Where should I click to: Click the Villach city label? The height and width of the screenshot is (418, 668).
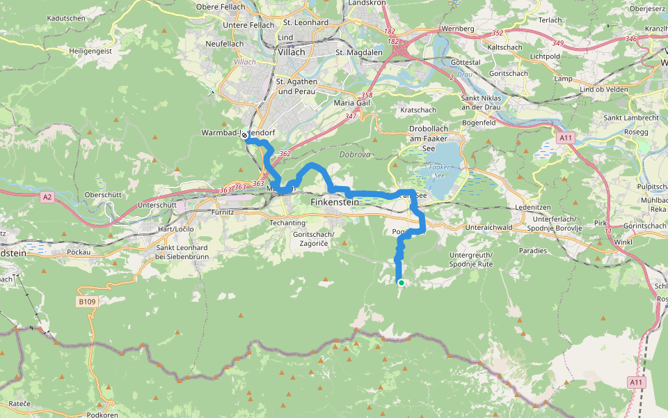tap(291, 52)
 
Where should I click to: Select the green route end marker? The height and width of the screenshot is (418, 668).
tap(401, 282)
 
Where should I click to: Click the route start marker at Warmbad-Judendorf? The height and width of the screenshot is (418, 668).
tap(245, 137)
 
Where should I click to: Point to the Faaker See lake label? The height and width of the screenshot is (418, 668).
tap(439, 171)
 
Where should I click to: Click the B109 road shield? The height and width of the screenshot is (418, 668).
tap(86, 302)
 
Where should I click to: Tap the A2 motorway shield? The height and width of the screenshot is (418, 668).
tap(47, 197)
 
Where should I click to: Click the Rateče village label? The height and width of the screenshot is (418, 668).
tap(19, 404)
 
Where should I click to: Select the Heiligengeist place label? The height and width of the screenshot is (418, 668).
tap(90, 51)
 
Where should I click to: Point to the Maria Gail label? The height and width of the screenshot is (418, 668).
tap(353, 103)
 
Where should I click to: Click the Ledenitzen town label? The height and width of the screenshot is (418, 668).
tap(514, 207)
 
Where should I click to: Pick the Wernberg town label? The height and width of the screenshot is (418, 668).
tap(458, 29)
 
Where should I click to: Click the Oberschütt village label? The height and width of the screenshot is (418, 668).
tap(103, 194)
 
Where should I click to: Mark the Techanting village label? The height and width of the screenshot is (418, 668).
tap(288, 222)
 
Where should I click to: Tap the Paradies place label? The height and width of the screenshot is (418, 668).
tap(532, 251)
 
